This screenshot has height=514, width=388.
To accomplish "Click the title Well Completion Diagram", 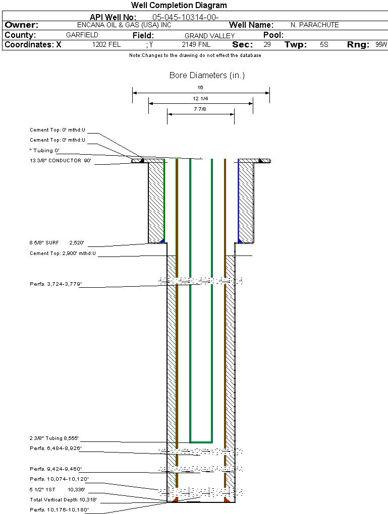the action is (x=179, y=5).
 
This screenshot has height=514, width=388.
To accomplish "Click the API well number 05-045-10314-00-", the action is (x=186, y=17).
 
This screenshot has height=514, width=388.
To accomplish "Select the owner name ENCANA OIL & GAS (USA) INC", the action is (x=124, y=25).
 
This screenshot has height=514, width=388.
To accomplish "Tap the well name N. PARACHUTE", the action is (x=314, y=25).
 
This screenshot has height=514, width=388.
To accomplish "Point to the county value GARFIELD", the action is (x=82, y=35).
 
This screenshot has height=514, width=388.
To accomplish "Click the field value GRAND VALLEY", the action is (x=210, y=36).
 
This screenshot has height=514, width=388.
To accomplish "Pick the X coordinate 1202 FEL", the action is (x=106, y=44).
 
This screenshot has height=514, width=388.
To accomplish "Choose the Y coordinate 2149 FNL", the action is (x=196, y=44).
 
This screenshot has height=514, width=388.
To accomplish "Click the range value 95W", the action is (x=381, y=44).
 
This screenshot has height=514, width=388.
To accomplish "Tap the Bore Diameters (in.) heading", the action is (x=207, y=76).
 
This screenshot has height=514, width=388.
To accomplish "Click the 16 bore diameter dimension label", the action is (x=200, y=88).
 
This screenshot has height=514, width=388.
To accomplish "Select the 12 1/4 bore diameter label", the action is (x=200, y=98).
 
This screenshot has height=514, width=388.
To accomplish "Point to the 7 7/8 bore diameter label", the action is (x=200, y=109).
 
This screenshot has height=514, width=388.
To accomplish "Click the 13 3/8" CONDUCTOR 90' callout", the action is (x=61, y=161).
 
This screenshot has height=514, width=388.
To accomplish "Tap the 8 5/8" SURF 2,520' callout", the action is (x=57, y=243).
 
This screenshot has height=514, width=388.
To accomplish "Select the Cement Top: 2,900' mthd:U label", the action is (x=63, y=253).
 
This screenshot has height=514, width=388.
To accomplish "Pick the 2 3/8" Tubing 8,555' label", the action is (x=54, y=438).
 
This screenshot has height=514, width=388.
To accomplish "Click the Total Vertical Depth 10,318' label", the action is (x=63, y=500).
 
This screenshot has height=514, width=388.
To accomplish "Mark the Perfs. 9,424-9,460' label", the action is (x=56, y=469).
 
